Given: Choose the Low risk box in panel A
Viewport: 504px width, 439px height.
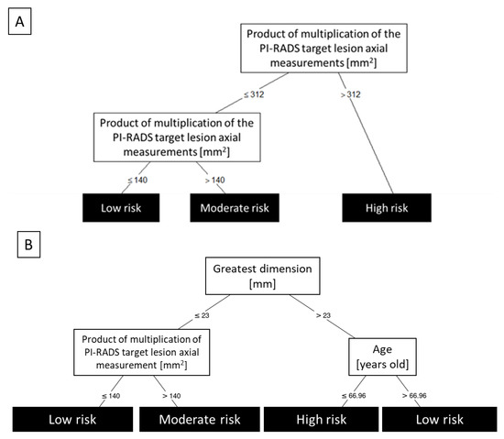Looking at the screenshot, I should click(x=119, y=208).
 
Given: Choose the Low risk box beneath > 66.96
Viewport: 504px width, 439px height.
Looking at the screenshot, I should click(x=439, y=420).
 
